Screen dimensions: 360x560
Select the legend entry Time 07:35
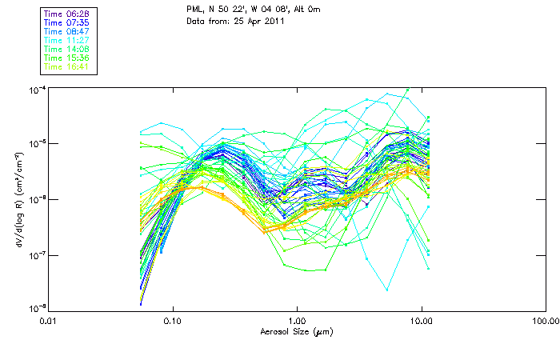point(67,23)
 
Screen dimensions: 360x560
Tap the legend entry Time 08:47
point(67,32)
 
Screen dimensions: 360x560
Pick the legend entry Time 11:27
point(67,41)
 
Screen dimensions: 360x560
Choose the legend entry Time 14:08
point(67,50)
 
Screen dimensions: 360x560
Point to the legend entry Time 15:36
point(67,58)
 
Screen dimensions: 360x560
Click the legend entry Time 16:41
point(67,67)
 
